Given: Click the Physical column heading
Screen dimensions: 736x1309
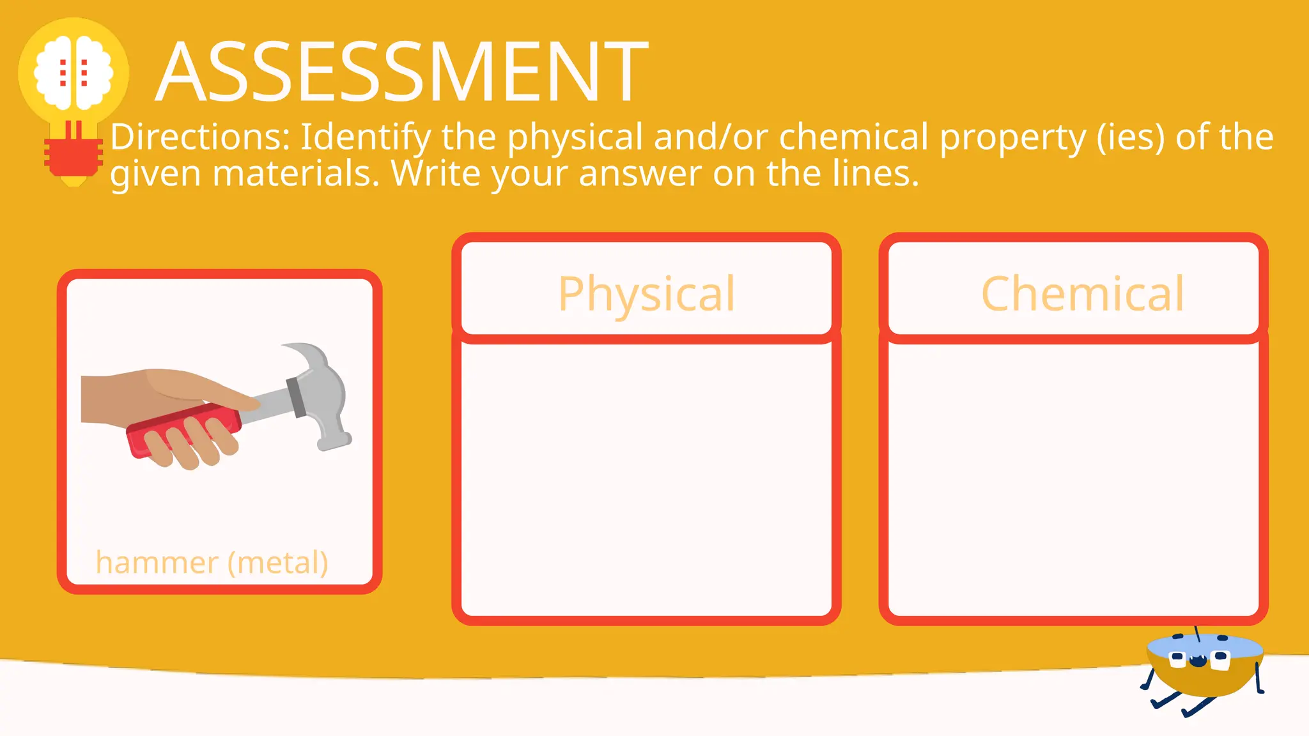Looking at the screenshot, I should point(646,293).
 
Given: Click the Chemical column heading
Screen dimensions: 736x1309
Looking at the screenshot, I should point(1082,293).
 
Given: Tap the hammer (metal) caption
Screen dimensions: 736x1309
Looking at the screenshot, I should point(212,562).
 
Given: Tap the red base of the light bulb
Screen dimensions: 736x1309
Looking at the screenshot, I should point(74,157).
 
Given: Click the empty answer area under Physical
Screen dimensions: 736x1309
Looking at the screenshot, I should point(646,479).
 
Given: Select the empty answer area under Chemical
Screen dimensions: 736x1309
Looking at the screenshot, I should point(1073,479).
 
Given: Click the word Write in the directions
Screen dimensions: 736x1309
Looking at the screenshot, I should point(435,173).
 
